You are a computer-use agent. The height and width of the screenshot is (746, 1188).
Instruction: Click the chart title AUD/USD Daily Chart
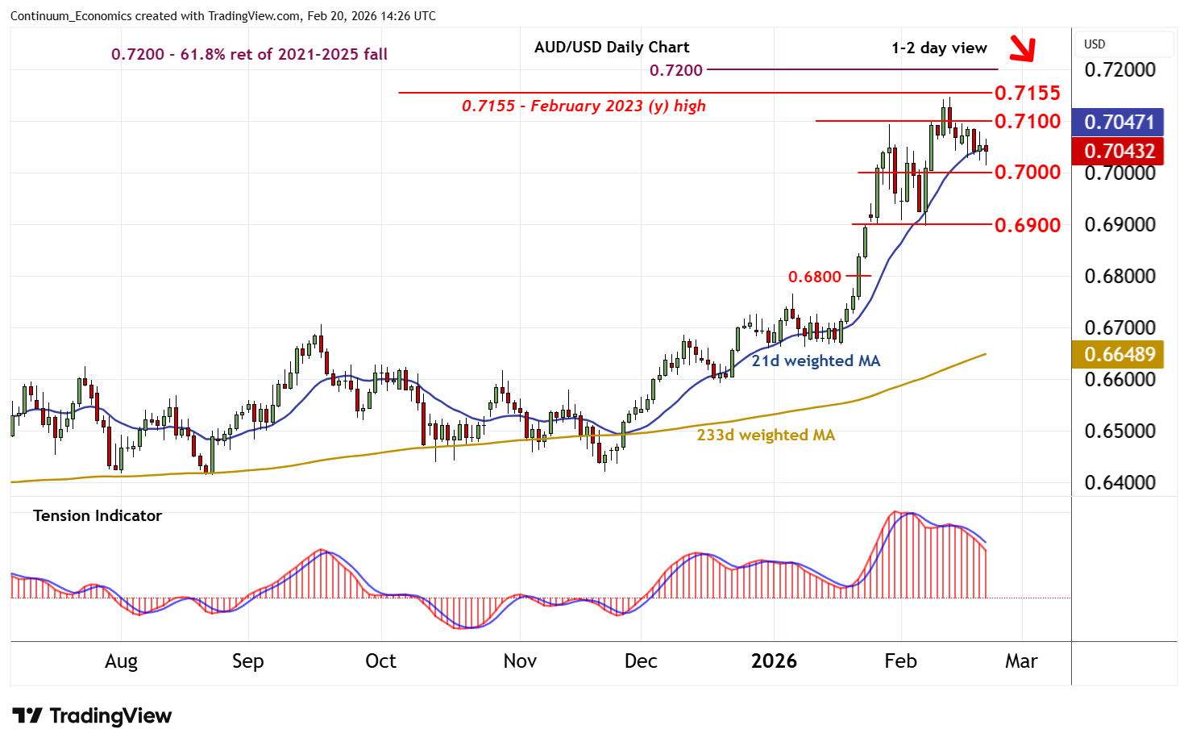[612, 47]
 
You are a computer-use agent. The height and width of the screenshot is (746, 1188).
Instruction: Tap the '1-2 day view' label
[939, 48]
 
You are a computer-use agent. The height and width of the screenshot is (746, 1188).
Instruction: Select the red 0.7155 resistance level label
[1027, 93]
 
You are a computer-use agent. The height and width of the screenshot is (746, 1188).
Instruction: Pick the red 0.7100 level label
[1027, 121]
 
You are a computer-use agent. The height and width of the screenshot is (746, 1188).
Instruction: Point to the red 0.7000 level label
[1027, 172]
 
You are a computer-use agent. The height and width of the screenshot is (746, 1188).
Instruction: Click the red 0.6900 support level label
[1027, 225]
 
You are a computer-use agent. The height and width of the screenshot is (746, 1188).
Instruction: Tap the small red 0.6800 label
[814, 277]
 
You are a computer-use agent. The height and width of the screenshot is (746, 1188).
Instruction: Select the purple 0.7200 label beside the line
[676, 70]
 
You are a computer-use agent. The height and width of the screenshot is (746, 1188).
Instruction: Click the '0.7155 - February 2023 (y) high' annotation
[584, 106]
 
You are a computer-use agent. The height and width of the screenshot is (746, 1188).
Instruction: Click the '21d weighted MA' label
[816, 360]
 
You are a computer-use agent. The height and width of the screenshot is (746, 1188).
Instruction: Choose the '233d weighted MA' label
[766, 435]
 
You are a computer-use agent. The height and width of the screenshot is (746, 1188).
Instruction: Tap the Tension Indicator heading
[98, 515]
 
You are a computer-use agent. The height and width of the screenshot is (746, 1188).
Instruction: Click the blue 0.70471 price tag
[1119, 122]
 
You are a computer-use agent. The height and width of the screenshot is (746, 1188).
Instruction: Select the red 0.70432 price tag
[1119, 151]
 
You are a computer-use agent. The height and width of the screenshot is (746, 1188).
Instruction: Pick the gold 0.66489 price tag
[1119, 354]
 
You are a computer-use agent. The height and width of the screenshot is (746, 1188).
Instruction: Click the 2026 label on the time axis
[774, 661]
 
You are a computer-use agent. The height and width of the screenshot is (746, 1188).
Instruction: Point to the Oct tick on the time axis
[380, 661]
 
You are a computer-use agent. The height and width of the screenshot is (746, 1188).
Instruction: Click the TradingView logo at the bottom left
[92, 716]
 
